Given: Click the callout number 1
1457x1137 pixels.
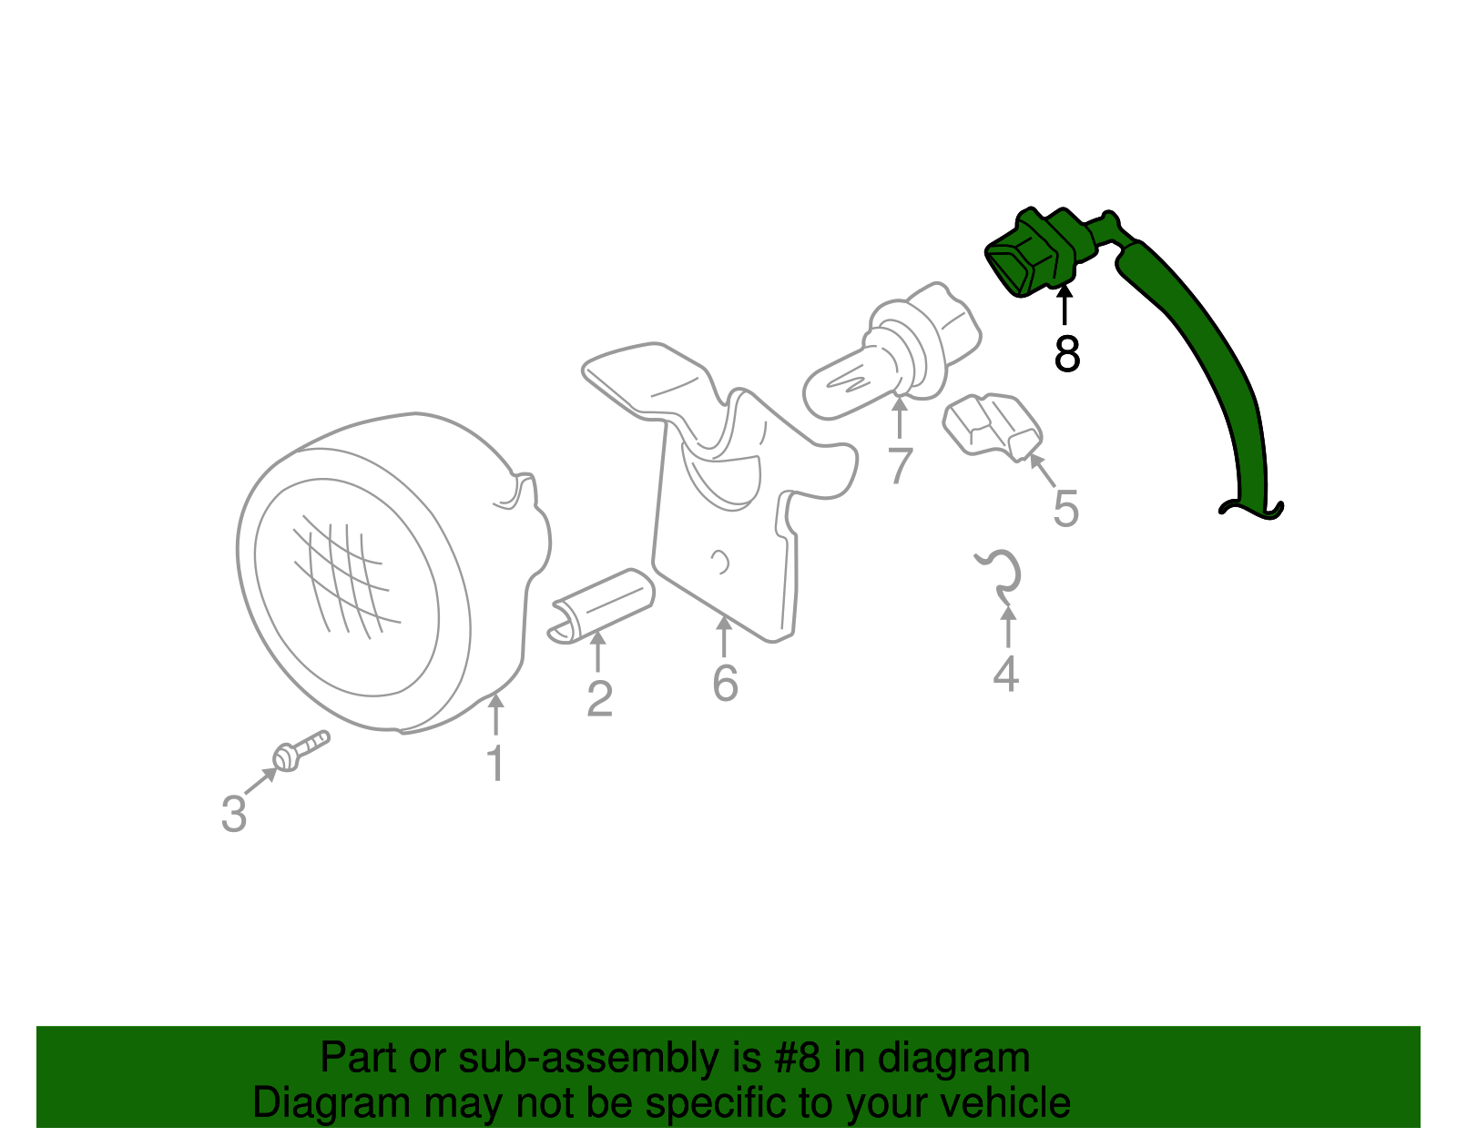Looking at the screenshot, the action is pos(496,763).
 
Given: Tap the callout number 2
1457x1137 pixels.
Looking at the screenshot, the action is pos(599,698).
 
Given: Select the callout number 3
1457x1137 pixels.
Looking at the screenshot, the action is pos(234,814).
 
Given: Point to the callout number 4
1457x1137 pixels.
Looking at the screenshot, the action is pos(1005,674).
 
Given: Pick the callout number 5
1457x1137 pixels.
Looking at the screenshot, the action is pos(1066,509).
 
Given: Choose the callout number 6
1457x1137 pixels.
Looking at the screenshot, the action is pos(725,684).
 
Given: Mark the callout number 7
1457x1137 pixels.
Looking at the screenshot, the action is pos(900,464).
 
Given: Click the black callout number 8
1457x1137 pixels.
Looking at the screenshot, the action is pos(1066,353).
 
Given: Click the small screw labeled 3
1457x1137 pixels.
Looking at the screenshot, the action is pos(301,751).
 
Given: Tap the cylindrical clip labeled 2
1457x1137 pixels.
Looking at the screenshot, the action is pos(601,605).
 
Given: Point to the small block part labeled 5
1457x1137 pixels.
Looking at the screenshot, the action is pos(993,427).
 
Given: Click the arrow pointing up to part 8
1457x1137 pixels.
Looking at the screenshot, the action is pos(1065,306).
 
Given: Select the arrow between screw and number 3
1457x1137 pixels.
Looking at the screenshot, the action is pos(261,780).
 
